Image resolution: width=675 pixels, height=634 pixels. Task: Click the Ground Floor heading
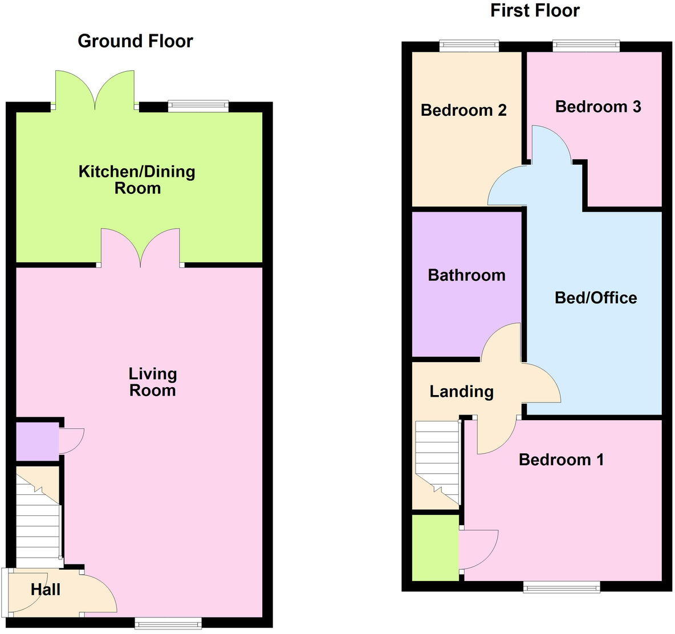[x=135, y=41]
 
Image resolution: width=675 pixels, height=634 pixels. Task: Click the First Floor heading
[x=535, y=10]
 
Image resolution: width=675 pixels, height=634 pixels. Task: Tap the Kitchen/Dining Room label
[x=137, y=180]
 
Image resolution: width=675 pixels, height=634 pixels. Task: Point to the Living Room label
[x=152, y=382]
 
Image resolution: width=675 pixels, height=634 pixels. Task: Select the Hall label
[x=46, y=590]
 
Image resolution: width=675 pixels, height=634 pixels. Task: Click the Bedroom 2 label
[x=463, y=110]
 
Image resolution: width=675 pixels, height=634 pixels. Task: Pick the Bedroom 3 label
[x=598, y=107]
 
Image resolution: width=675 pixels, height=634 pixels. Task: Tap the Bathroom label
[x=466, y=275]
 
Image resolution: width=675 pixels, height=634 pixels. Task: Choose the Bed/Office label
[x=596, y=298]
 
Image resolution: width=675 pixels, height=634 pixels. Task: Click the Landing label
[x=461, y=392]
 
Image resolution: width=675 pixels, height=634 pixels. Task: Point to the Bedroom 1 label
[x=561, y=460]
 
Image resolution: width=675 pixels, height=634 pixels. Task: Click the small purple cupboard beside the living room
[x=36, y=441]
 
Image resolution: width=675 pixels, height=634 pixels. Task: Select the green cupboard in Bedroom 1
[x=435, y=548]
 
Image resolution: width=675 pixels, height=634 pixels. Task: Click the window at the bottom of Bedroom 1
[x=562, y=586]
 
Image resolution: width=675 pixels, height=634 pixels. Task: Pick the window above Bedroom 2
[x=469, y=46]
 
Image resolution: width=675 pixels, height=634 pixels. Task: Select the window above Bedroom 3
[x=585, y=46]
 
